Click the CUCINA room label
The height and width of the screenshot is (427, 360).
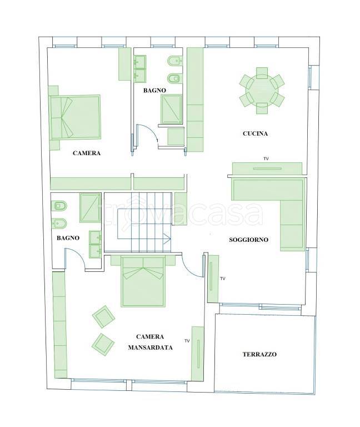255,133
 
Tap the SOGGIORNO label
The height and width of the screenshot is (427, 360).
248,240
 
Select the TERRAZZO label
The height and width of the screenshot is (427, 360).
259,354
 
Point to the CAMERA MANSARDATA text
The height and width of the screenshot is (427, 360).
150,342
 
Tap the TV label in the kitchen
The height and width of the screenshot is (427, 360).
266,158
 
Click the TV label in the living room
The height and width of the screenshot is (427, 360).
223,279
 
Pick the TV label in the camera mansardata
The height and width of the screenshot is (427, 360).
187,341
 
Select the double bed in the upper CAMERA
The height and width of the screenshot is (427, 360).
75,117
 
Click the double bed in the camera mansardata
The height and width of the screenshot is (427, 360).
143,281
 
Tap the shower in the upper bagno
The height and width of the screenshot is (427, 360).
172,109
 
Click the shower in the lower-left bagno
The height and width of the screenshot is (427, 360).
91,208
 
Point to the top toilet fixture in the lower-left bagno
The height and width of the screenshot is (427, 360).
59,206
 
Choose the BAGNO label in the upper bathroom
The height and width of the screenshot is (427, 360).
154,91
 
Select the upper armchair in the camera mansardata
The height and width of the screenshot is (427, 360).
103,317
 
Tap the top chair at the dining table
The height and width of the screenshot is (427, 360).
262,73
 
